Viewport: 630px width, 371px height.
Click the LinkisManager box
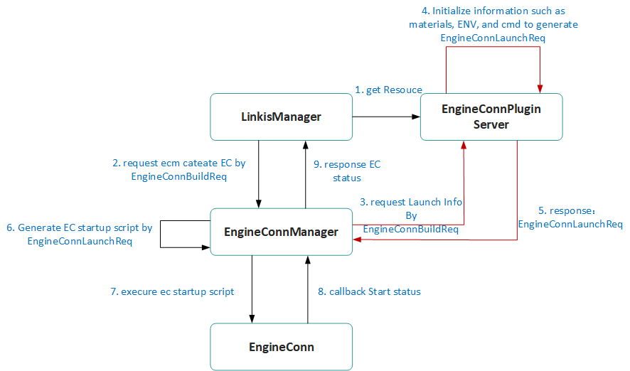(x=281, y=117)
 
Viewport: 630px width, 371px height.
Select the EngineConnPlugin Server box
(x=491, y=117)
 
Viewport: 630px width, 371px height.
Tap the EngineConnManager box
(x=281, y=232)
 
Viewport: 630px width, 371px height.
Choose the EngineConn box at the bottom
(x=281, y=347)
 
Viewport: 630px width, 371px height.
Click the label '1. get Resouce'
(x=388, y=90)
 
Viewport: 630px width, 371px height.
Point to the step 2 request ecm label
(x=179, y=169)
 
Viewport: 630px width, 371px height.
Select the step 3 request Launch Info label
(x=411, y=215)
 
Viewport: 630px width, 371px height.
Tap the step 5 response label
(x=570, y=217)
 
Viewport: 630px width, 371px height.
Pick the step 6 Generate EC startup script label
(x=79, y=235)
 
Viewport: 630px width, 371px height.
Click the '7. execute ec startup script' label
(x=171, y=291)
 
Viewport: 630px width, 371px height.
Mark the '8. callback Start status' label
(x=369, y=291)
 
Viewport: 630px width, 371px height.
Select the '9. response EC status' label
(x=347, y=171)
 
